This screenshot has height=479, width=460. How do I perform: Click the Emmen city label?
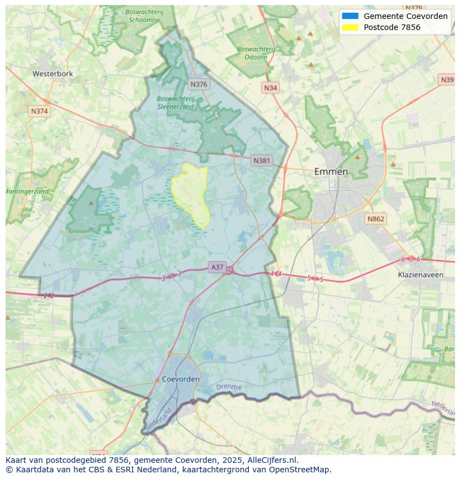(x=331, y=171)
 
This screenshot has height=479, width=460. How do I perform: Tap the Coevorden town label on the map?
(x=181, y=379)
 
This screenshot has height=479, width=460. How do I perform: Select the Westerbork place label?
(x=53, y=73)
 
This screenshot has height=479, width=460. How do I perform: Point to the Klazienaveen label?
(x=421, y=275)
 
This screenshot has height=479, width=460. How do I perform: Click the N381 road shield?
(x=262, y=161)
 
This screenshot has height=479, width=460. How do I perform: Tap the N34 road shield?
(x=271, y=88)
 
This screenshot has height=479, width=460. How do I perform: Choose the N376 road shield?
(x=198, y=85)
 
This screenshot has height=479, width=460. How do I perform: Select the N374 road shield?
(x=39, y=111)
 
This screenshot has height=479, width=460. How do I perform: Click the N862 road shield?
(x=376, y=219)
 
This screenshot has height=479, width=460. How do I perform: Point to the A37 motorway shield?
(x=217, y=268)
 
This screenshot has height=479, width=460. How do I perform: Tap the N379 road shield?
(x=413, y=8)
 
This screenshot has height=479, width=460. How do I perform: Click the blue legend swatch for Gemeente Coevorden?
(x=351, y=16)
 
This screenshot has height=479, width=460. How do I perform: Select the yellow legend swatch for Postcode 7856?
(x=351, y=27)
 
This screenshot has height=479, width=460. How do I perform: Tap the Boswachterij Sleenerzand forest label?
(x=176, y=102)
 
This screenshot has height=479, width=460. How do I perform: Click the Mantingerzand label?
(x=27, y=191)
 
